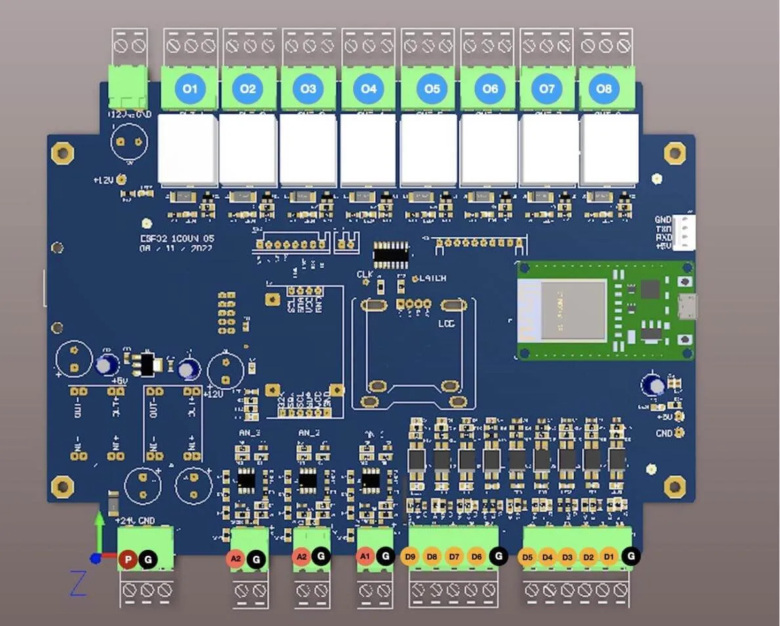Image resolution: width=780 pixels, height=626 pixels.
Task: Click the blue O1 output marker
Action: tap(189, 89)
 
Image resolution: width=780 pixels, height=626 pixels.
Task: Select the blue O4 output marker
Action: tap(369, 89)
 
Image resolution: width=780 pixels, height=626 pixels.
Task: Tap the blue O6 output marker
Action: tap(490, 89)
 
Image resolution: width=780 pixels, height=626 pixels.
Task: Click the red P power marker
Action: tap(129, 560)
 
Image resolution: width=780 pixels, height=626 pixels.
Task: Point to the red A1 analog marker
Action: tap(365, 556)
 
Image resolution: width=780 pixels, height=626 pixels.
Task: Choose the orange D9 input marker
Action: tap(410, 556)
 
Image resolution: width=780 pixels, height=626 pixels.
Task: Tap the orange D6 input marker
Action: tap(477, 556)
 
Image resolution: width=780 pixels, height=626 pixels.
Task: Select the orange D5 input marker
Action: tap(527, 557)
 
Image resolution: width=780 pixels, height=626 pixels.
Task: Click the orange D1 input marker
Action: tap(609, 557)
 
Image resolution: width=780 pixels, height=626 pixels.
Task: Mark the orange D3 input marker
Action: tap(568, 557)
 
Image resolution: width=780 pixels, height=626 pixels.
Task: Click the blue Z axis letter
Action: tap(78, 583)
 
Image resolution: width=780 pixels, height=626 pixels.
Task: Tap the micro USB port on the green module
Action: tap(688, 306)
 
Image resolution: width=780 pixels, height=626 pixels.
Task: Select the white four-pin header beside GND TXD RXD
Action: tap(685, 233)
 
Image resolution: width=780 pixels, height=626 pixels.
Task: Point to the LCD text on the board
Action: tap(446, 324)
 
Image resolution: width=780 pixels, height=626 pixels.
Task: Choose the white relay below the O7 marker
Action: tap(550, 150)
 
